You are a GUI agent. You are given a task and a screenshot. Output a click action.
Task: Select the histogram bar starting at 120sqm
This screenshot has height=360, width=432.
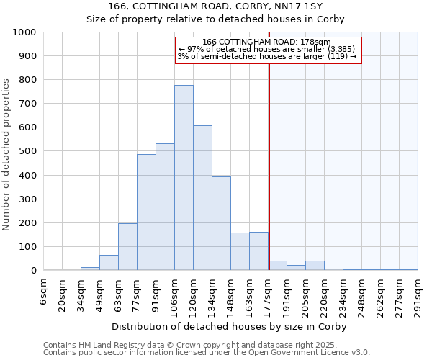[202, 198]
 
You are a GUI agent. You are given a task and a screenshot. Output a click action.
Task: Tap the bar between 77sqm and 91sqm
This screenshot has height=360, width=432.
[146, 212]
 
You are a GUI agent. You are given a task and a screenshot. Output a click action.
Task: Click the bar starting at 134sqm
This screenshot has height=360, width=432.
[221, 223]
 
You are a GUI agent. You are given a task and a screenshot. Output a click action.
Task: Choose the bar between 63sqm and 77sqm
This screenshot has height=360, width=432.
[127, 247]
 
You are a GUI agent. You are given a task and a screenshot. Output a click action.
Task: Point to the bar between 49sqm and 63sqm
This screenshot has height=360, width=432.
[109, 263]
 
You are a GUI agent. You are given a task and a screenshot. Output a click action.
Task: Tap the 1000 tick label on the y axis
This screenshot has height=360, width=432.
[24, 32]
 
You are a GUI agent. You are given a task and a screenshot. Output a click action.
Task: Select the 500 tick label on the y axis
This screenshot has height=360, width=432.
[27, 151]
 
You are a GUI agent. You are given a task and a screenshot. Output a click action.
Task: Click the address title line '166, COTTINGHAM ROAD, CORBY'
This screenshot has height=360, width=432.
[216, 6]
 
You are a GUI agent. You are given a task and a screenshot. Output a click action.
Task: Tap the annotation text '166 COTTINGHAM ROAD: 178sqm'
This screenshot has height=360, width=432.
[267, 42]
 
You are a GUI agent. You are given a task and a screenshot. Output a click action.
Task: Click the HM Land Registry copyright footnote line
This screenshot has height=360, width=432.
[184, 345]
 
